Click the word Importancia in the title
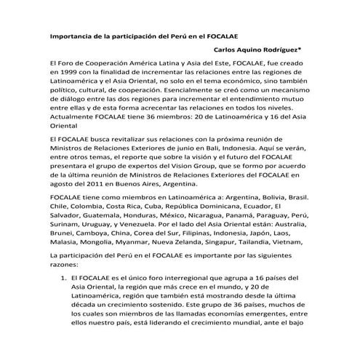click(x=72, y=35)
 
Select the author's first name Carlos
click(x=225, y=51)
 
